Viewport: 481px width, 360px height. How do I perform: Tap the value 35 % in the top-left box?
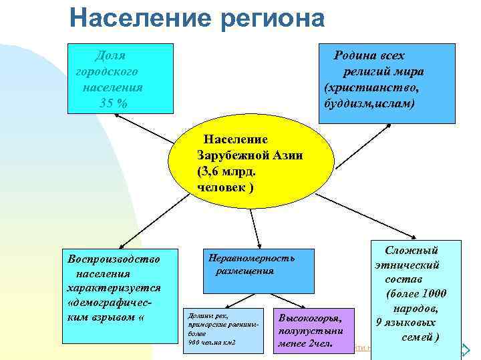(112, 103)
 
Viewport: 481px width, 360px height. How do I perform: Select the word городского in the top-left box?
(107, 71)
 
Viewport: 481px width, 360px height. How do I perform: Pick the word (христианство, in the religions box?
(372, 87)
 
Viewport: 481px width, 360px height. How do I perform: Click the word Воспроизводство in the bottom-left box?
(110, 259)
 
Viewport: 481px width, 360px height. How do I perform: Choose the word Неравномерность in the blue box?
(251, 257)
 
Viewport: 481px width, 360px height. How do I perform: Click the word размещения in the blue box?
(245, 271)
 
